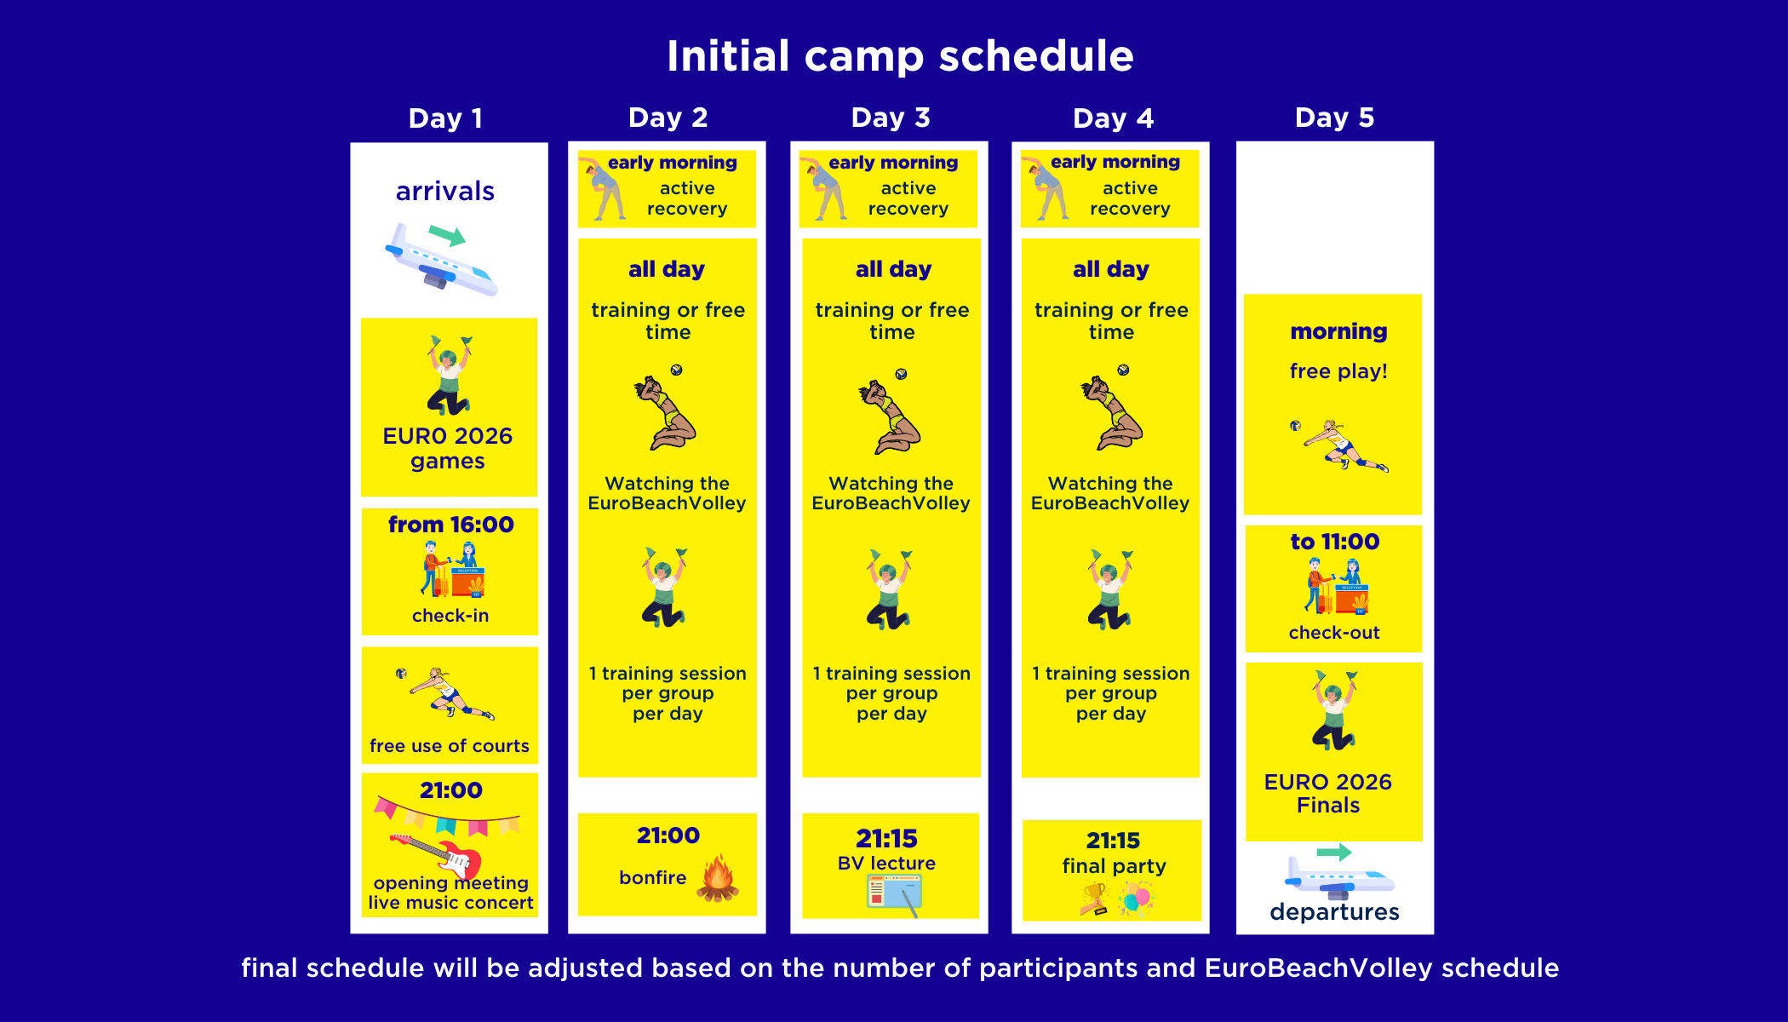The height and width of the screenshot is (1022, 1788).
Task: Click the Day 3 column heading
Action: click(x=891, y=118)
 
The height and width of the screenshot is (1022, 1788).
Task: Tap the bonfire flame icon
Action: click(x=718, y=877)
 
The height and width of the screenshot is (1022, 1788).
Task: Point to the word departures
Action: click(x=1334, y=912)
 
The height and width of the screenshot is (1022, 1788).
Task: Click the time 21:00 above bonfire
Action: click(x=668, y=835)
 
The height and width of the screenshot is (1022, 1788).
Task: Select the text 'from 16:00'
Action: click(x=451, y=525)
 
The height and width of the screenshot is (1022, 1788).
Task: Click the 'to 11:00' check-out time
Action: click(x=1335, y=542)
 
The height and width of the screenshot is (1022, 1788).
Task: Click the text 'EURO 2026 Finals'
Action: click(x=1328, y=793)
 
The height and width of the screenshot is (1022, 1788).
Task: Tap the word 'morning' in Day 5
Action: click(x=1338, y=331)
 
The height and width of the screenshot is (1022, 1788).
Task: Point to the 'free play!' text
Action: click(x=1338, y=371)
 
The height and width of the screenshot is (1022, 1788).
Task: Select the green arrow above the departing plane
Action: click(x=1334, y=852)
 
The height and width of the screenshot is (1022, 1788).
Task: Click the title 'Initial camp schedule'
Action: click(x=900, y=56)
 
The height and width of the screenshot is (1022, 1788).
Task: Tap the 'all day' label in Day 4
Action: click(x=1111, y=270)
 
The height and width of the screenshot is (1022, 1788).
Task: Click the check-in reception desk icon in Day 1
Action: click(x=453, y=569)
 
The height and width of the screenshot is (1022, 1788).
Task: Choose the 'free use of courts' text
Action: click(x=450, y=746)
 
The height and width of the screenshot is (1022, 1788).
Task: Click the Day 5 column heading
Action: click(x=1334, y=118)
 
